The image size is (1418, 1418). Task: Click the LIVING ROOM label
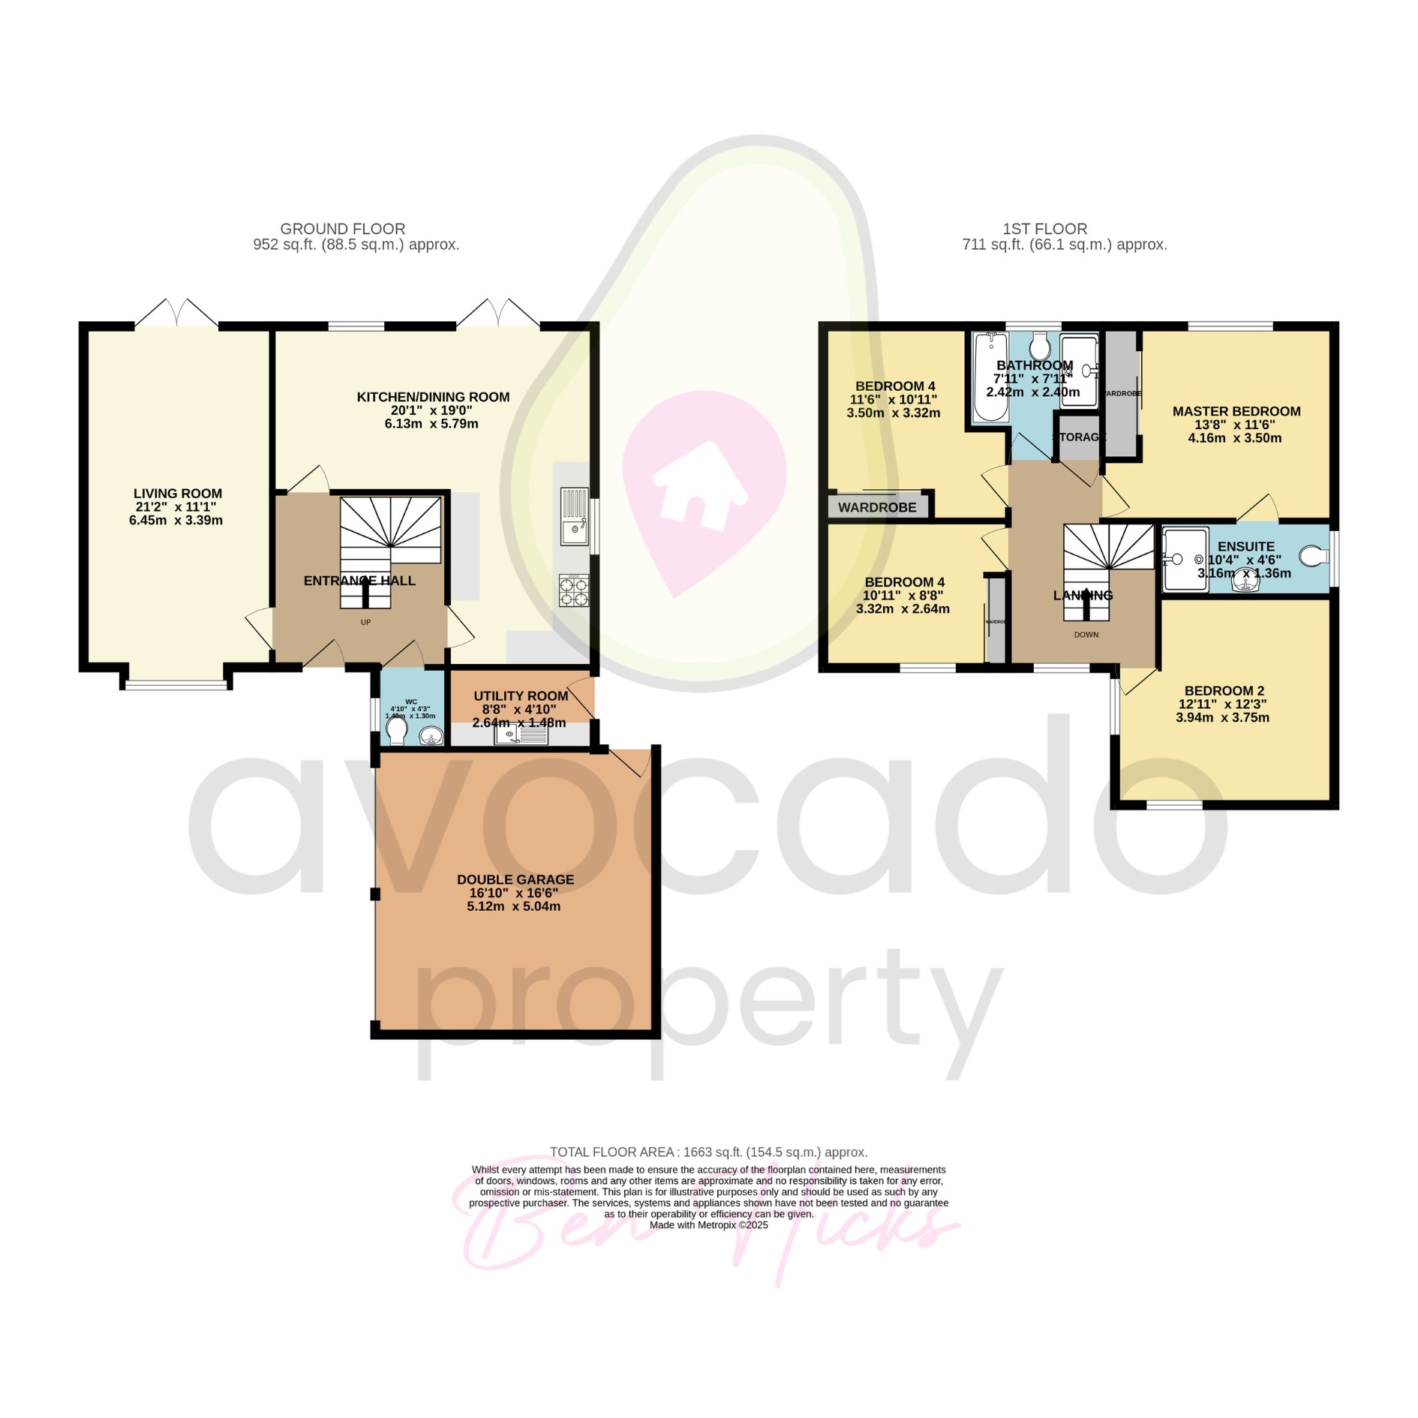[178, 494]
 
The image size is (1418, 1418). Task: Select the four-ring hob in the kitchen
[575, 590]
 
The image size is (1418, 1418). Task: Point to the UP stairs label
[365, 622]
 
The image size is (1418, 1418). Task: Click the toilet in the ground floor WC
[396, 731]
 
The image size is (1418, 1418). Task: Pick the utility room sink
[521, 735]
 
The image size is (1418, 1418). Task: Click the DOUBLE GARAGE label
[515, 879]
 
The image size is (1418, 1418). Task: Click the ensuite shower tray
[1185, 559]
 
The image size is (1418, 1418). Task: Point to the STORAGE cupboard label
[1079, 437]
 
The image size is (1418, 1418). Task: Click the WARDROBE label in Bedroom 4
[877, 507]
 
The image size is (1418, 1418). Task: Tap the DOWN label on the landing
[1086, 635]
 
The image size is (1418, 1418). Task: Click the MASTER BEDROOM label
[1236, 411]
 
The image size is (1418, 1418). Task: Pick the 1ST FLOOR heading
[1044, 229]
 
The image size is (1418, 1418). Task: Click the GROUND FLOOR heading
[343, 229]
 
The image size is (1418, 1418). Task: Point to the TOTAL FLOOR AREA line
[708, 1152]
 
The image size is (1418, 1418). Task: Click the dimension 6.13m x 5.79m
[431, 424]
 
